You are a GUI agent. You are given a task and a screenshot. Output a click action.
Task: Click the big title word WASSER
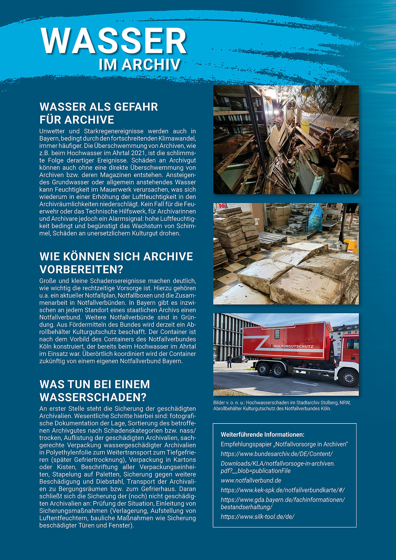pyautogui.click(x=114, y=41)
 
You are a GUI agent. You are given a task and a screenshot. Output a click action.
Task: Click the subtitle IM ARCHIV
pyautogui.click(x=139, y=65)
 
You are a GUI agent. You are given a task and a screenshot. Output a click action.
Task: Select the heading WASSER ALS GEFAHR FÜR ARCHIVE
pyautogui.click(x=99, y=113)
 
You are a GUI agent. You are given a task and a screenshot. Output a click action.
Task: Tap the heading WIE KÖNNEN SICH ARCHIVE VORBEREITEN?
pyautogui.click(x=116, y=263)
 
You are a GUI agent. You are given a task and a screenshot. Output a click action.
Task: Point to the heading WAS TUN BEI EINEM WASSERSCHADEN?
pyautogui.click(x=95, y=391)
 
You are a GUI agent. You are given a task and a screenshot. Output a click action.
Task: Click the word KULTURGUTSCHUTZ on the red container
pyautogui.click(x=294, y=346)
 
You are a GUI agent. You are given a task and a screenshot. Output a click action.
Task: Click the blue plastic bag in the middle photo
pyautogui.click(x=315, y=218)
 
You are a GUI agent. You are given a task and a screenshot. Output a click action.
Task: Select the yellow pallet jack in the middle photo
pyautogui.click(x=351, y=246)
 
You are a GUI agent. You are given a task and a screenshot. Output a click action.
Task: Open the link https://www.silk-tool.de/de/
pyautogui.click(x=257, y=517)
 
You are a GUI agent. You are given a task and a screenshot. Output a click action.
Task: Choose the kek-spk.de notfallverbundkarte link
pyautogui.click(x=283, y=490)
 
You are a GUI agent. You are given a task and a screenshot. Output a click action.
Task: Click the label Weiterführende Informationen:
pyautogui.click(x=262, y=435)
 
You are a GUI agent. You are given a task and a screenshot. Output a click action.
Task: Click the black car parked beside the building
pyautogui.click(x=240, y=359)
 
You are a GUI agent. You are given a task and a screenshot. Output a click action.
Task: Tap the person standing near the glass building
pyautogui.click(x=230, y=360)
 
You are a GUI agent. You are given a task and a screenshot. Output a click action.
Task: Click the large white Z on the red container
pyautogui.click(x=259, y=343)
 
